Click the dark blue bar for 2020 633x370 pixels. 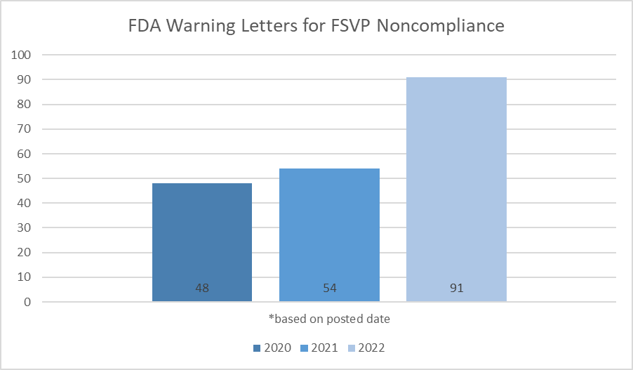click(202, 242)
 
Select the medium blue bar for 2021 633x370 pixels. click(329, 235)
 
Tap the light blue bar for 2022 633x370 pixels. click(456, 190)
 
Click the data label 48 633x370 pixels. click(202, 288)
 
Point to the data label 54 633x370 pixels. click(329, 288)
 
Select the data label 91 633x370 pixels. click(456, 288)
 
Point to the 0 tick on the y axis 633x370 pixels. click(29, 302)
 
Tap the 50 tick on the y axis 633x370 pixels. click(26, 178)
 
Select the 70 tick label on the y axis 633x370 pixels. click(26, 129)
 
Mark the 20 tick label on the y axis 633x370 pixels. click(26, 253)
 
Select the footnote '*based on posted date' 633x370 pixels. click(329, 319)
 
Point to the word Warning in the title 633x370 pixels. click(201, 26)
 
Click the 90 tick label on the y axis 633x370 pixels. click(26, 79)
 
